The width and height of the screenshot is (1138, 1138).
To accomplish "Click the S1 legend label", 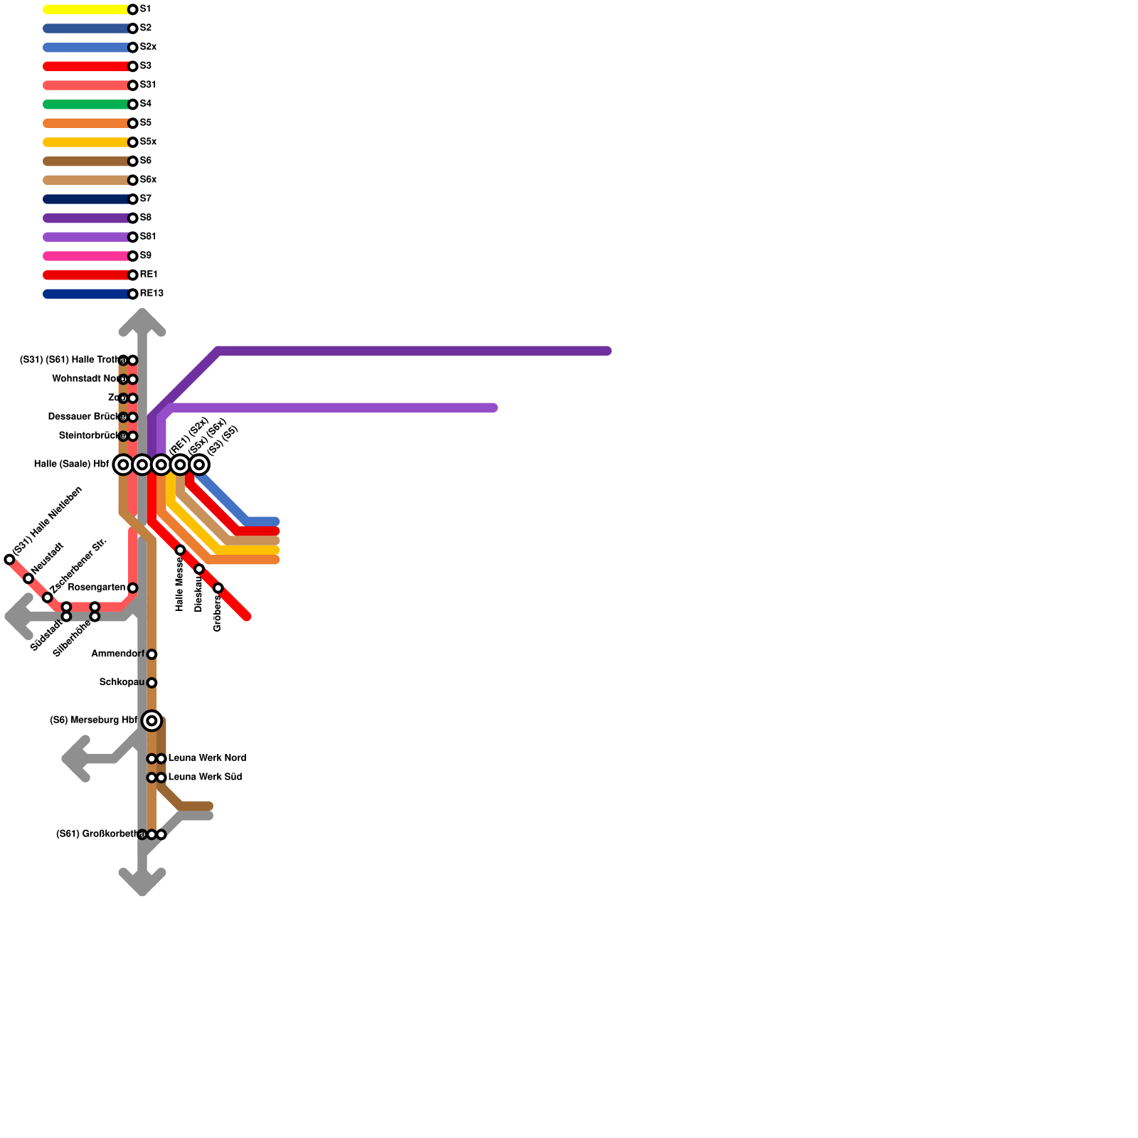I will [x=145, y=9].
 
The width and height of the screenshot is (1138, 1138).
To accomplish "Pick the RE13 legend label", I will [x=151, y=294].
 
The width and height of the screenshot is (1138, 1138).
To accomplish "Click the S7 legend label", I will [x=145, y=199].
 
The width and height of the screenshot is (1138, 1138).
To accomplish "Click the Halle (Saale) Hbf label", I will [x=71, y=464].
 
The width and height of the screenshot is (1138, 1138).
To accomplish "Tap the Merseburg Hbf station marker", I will [x=151, y=720].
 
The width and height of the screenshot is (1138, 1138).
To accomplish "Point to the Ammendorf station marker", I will [x=151, y=654].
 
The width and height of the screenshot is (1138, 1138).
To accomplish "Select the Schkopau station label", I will [x=122, y=683].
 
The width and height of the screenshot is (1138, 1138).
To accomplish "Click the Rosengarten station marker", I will [x=132, y=588].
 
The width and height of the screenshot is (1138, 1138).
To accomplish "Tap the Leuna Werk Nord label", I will [x=207, y=758].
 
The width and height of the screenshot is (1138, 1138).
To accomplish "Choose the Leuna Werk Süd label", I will [x=205, y=777].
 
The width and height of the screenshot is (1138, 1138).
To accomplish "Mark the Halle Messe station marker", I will [x=180, y=550].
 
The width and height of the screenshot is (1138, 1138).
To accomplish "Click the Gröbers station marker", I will [x=218, y=588].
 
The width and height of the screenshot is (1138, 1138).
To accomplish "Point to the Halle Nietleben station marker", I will [x=9, y=560].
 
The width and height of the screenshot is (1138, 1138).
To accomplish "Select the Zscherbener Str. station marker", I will [x=47, y=597].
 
